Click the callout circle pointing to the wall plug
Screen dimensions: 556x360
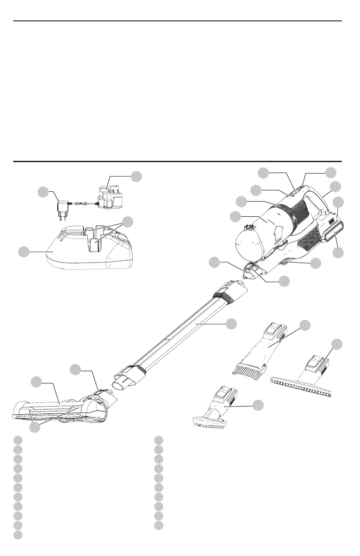[43, 192]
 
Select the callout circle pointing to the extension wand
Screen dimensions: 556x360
[231, 324]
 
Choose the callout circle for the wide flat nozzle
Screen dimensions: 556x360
[336, 344]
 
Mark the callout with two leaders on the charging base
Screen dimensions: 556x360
[128, 222]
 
